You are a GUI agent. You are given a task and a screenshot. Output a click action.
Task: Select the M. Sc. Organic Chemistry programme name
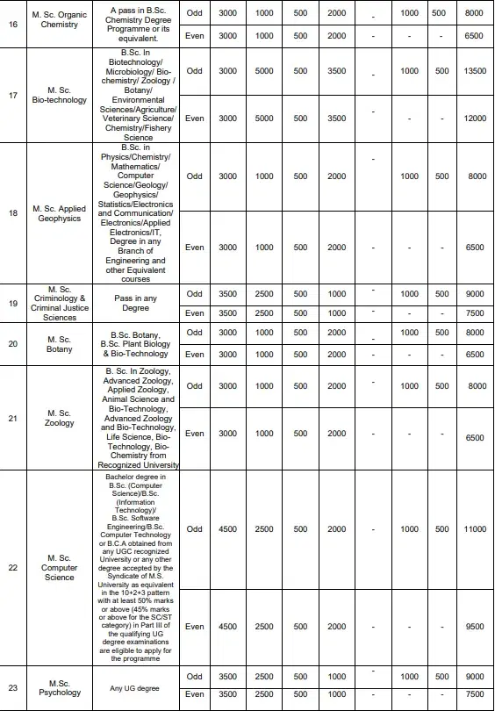click(x=60, y=18)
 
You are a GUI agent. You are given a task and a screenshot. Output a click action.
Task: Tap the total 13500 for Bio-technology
click(x=475, y=71)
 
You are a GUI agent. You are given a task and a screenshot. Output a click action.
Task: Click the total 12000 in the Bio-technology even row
click(x=475, y=118)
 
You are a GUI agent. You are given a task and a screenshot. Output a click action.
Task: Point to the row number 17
click(x=12, y=94)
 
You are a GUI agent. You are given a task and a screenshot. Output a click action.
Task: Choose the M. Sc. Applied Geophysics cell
click(x=60, y=213)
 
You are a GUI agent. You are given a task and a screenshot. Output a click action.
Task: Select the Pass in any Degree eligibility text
click(x=136, y=303)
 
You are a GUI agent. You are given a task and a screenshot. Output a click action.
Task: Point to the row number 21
click(x=12, y=418)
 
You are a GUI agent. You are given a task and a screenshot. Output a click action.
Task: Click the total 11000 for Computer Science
click(x=475, y=529)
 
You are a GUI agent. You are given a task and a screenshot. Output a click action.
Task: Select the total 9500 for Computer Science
click(x=475, y=628)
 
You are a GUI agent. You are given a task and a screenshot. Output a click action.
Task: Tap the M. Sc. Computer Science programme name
click(x=60, y=567)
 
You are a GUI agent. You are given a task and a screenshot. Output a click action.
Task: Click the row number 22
click(x=12, y=567)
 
